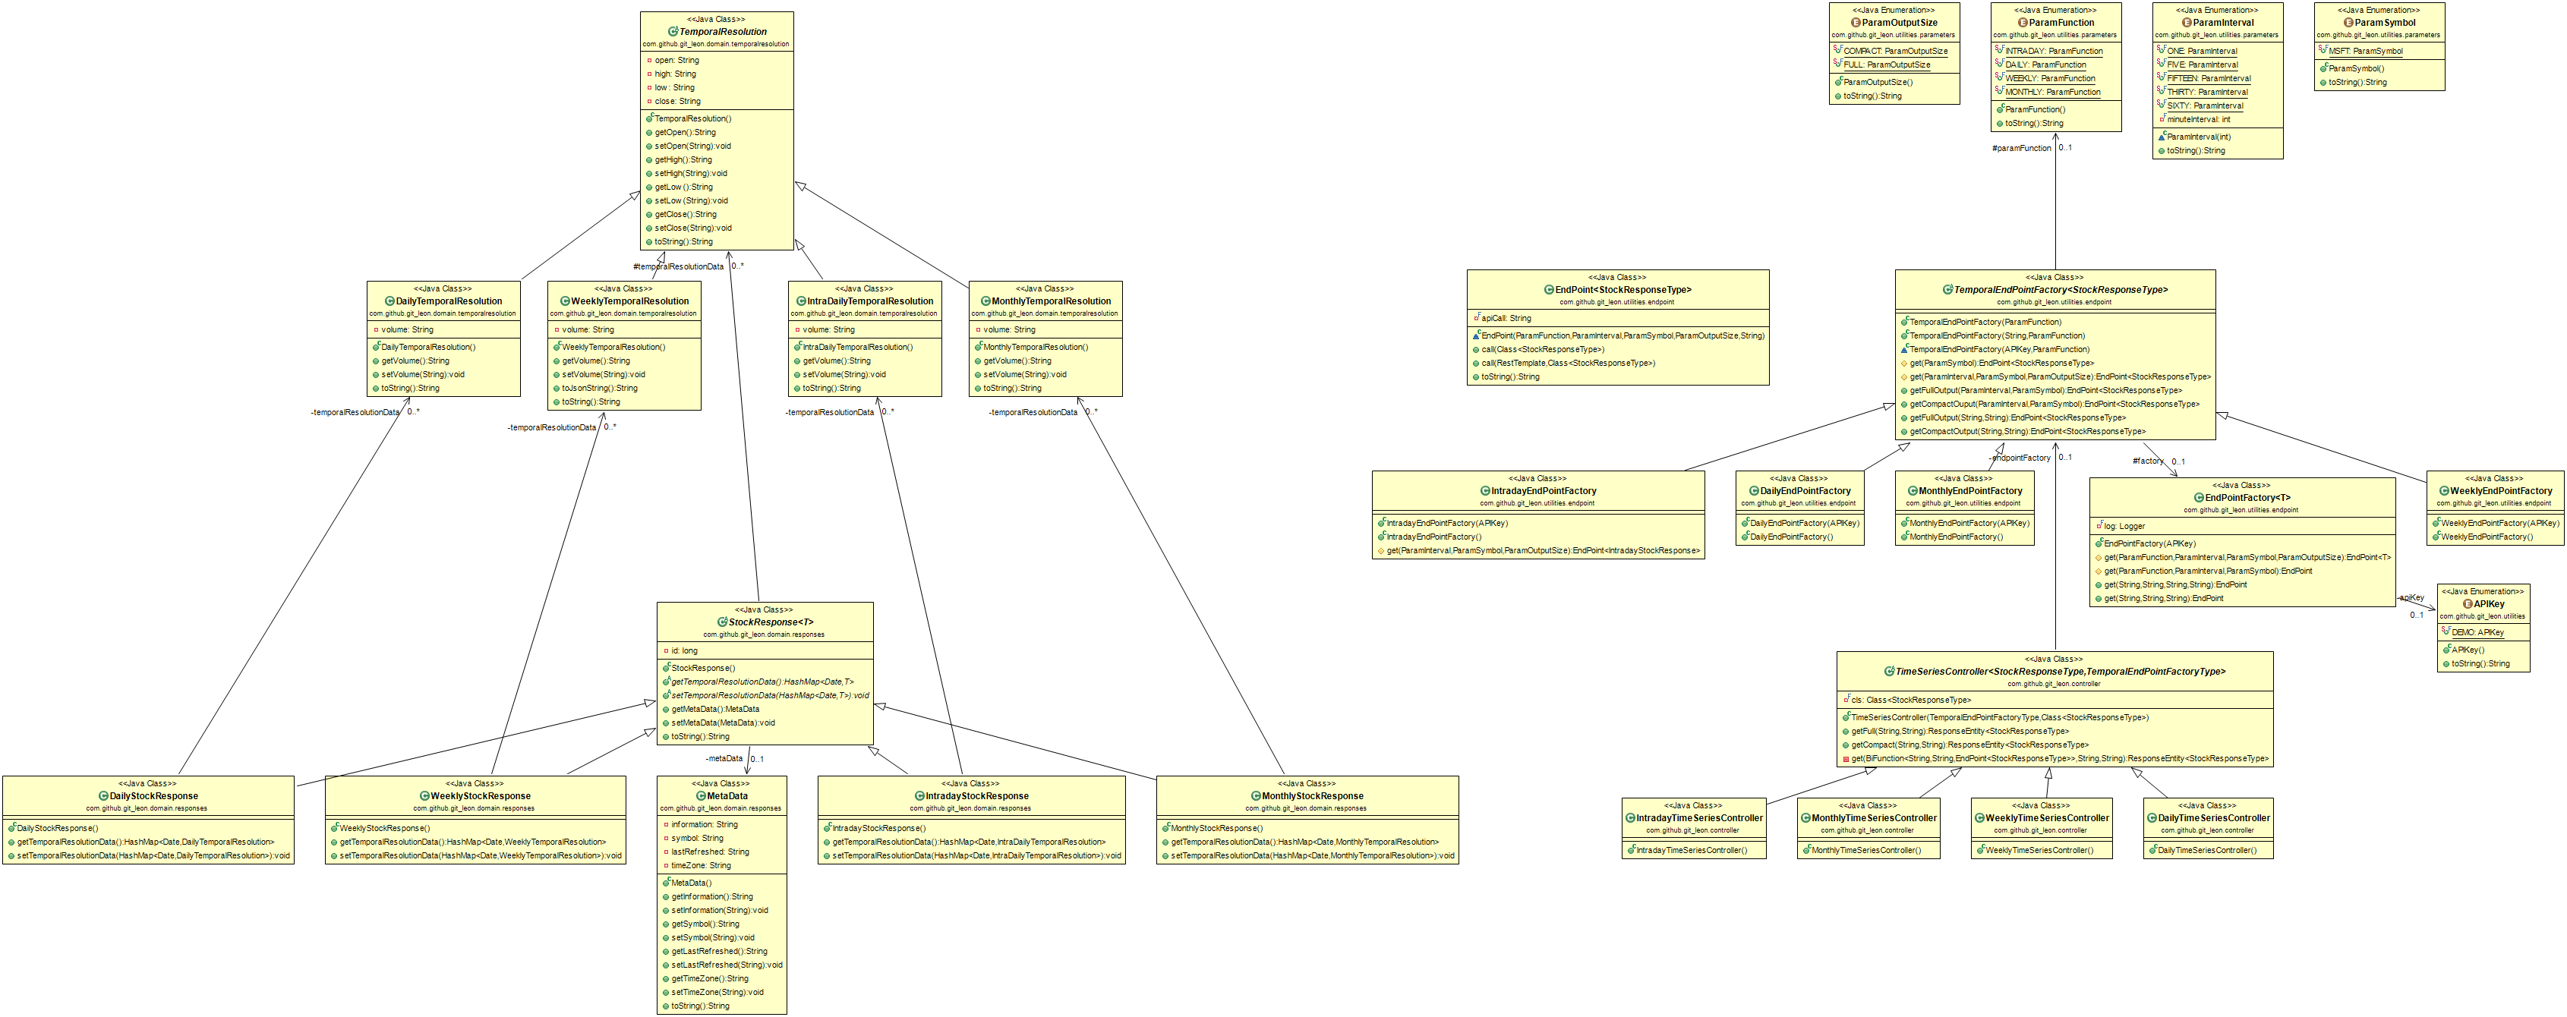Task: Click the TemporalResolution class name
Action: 723,32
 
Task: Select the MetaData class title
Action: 727,796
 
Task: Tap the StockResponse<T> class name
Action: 771,622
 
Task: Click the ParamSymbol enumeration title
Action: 2385,23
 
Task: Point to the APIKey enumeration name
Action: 2488,603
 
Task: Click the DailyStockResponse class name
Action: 153,796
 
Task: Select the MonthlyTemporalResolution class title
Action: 1050,301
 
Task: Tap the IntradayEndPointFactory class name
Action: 1544,491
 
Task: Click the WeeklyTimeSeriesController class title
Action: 2047,818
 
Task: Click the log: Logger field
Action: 2124,526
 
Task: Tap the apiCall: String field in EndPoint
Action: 1505,319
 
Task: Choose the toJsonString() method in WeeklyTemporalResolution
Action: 599,389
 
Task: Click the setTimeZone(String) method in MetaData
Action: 717,992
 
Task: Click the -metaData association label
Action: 724,759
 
